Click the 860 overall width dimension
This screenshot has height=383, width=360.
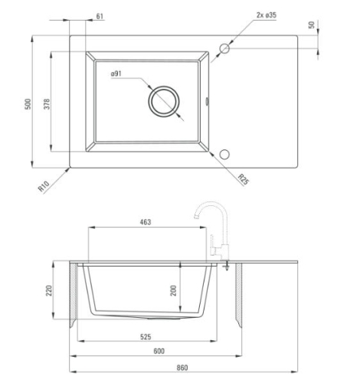click(182, 368)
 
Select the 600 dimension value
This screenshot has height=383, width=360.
click(159, 351)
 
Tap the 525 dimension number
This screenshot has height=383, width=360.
click(146, 337)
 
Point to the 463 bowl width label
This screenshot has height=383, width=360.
click(146, 222)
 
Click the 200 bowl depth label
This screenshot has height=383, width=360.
click(174, 290)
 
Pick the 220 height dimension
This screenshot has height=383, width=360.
click(48, 290)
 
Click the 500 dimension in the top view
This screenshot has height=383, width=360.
click(28, 104)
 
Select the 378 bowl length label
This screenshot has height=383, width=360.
click(47, 104)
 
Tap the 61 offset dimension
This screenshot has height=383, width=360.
click(100, 16)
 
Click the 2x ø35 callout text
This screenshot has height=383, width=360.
click(267, 15)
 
